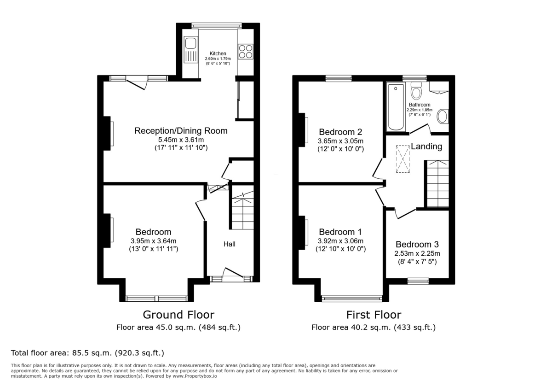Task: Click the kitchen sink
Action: click(190, 51)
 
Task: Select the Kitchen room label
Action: click(218, 53)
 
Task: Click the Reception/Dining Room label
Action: click(181, 131)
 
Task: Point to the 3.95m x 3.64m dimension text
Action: click(153, 240)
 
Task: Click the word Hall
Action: click(230, 244)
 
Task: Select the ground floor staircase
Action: click(242, 212)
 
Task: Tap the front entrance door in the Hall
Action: click(233, 274)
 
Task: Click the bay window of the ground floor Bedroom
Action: click(156, 298)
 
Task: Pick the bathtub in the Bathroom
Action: click(395, 107)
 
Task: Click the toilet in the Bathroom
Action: click(416, 91)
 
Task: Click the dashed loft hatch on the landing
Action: click(403, 159)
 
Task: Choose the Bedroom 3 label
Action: click(417, 245)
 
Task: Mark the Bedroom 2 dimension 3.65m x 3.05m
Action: click(340, 141)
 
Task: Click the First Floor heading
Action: click(374, 315)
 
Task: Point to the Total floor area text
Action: click(87, 353)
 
